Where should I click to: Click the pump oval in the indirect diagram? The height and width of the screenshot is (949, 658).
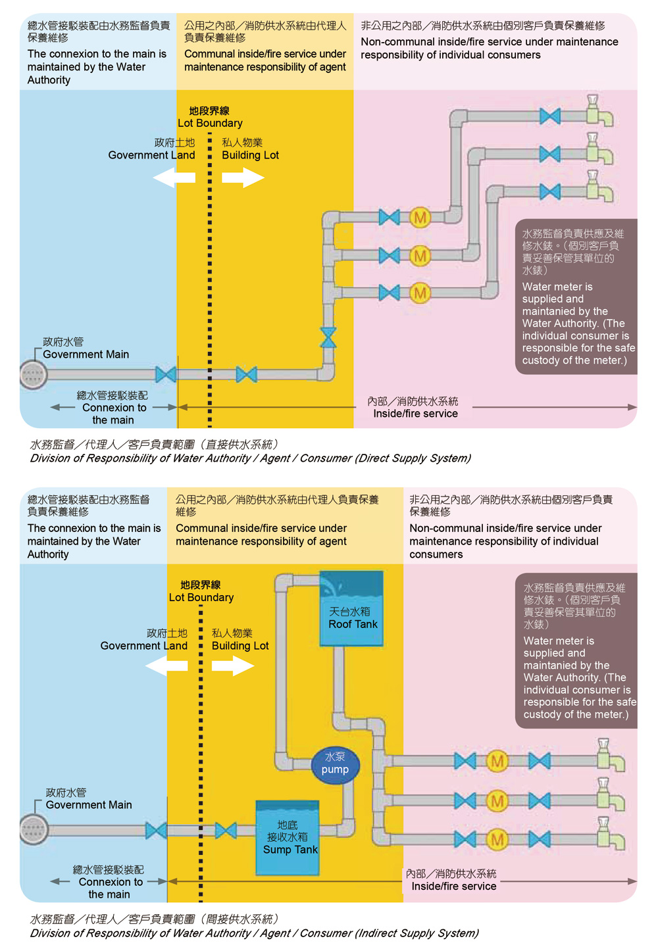[x=335, y=764]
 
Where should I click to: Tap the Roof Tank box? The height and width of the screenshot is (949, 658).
[x=351, y=609]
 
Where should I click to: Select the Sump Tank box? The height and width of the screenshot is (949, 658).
[x=288, y=838]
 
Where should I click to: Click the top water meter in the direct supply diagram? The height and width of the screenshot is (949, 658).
[x=420, y=217]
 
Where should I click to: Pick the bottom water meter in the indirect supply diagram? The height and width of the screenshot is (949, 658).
[x=497, y=839]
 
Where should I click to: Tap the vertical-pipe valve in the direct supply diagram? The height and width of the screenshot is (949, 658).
[x=328, y=337]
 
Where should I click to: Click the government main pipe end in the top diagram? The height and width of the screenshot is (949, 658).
[x=33, y=375]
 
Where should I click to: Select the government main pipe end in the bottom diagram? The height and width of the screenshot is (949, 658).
[x=34, y=830]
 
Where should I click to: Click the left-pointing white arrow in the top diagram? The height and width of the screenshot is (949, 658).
[x=174, y=178]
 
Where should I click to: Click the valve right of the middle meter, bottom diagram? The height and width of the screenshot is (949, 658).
[x=540, y=801]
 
